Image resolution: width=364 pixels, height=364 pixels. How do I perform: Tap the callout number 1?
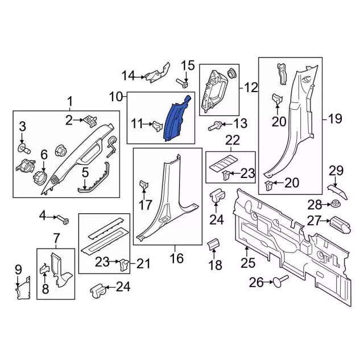pyautogui.click(x=71, y=102)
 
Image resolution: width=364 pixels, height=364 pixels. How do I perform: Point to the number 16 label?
pyautogui.click(x=176, y=258)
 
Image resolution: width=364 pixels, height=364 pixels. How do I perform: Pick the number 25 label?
pyautogui.click(x=248, y=263)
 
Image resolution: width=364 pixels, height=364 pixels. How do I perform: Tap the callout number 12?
pyautogui.click(x=251, y=88)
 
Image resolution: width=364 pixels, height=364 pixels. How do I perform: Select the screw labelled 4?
pyautogui.click(x=61, y=218)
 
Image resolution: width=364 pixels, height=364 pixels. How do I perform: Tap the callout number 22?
pyautogui.click(x=232, y=140)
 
